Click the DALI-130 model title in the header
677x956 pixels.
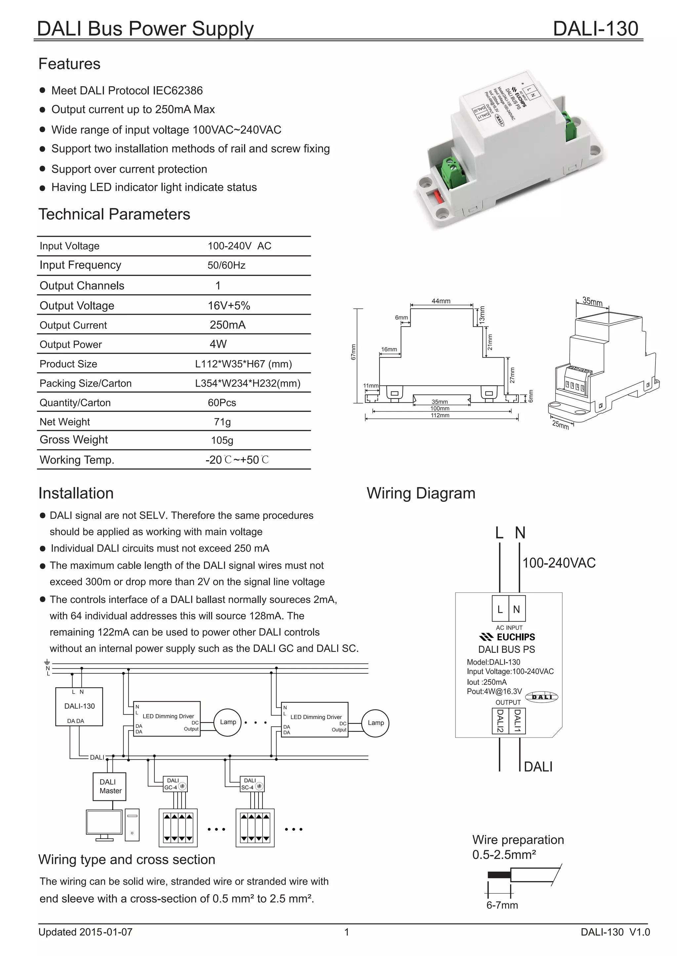pos(595,29)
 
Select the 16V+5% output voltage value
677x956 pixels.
pos(229,305)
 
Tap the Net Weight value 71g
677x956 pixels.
pos(222,422)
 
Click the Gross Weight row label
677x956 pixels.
pos(74,440)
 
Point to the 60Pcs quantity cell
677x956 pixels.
pos(222,403)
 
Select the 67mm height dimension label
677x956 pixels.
pos(353,352)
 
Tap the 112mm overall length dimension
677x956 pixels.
pos(440,416)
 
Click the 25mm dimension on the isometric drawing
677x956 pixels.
pos(560,425)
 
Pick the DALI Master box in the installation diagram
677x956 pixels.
pos(109,787)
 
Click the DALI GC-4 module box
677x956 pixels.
pos(176,784)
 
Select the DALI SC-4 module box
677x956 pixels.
pos(252,784)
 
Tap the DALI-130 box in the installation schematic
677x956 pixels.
pos(79,707)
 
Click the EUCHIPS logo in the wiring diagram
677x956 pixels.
pos(507,637)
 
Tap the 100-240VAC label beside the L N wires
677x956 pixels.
pos(559,563)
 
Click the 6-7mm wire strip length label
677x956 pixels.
pos(502,905)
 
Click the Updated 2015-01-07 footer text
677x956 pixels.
pos(86,932)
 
